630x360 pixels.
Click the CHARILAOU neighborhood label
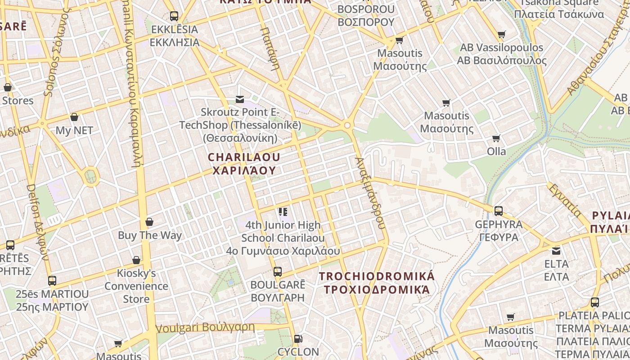pos(243,164)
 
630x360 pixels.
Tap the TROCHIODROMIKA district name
pos(377,283)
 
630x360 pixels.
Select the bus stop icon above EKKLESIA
pos(174,16)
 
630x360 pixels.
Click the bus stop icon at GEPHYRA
pos(499,211)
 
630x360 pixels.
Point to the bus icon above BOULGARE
pos(278,272)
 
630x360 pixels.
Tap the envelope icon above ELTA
pos(557,251)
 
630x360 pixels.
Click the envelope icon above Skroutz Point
pos(240,99)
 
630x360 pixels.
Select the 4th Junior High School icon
pos(283,211)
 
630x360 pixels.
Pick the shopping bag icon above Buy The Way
pos(149,222)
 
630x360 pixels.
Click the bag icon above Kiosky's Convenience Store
pos(136,260)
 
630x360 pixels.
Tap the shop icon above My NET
pos(74,117)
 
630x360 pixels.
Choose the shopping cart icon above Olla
pos(496,139)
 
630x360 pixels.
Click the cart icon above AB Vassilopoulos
pos(502,35)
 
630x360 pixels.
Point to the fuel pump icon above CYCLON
pos(297,338)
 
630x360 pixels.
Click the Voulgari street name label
pos(205,327)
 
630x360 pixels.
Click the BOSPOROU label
pos(365,15)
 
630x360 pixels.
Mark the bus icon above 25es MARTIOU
pos(52,281)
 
